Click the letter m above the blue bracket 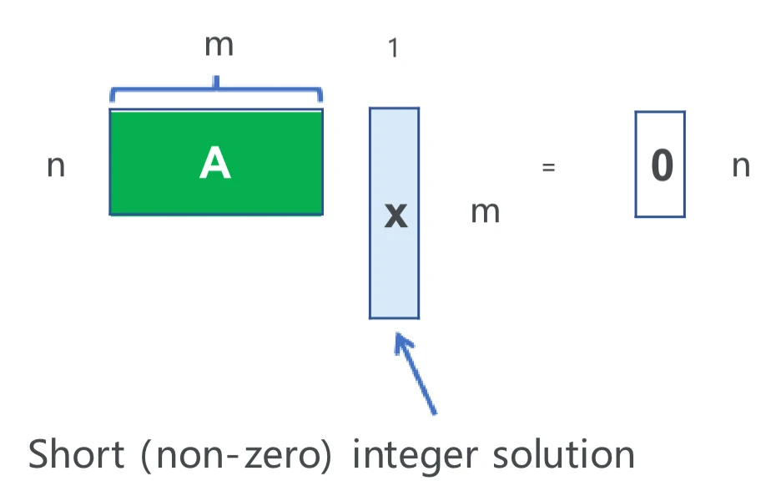point(219,45)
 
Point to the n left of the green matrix point(55,166)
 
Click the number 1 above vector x point(393,48)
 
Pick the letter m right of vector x point(485,212)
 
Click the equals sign point(548,166)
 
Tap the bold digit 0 point(661,165)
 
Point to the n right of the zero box point(740,166)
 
